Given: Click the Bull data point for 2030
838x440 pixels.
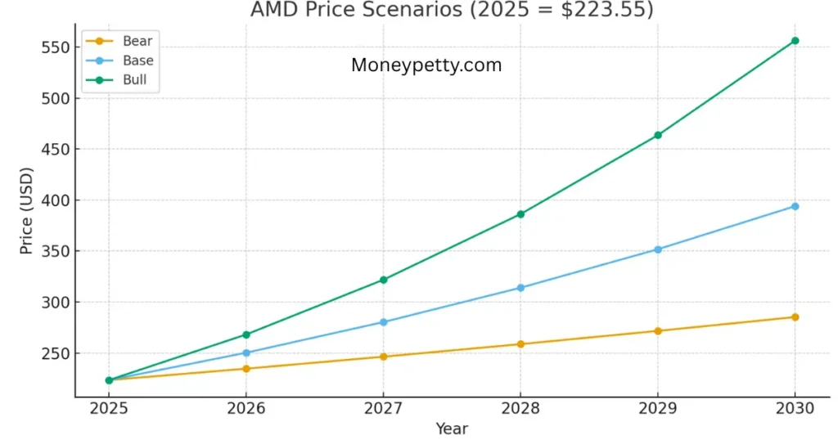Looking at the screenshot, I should coord(795,41).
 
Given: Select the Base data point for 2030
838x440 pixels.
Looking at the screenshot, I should coord(795,206).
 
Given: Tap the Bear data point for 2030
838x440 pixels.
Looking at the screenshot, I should coord(795,317).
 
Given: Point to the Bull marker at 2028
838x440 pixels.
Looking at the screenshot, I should coord(520,214).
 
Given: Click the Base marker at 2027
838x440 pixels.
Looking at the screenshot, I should coord(383,322).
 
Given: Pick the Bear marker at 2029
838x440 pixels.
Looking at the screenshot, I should coord(658,331).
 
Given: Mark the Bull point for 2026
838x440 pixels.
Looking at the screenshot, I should coord(246,334).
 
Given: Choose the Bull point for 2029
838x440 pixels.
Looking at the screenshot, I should coord(658,135).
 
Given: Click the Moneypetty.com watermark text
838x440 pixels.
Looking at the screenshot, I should coord(426,65).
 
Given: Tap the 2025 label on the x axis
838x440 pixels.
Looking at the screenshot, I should coord(109,410).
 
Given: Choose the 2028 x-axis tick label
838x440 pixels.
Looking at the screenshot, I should coord(520,410).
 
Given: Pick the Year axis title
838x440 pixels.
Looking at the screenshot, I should coord(452,428).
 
